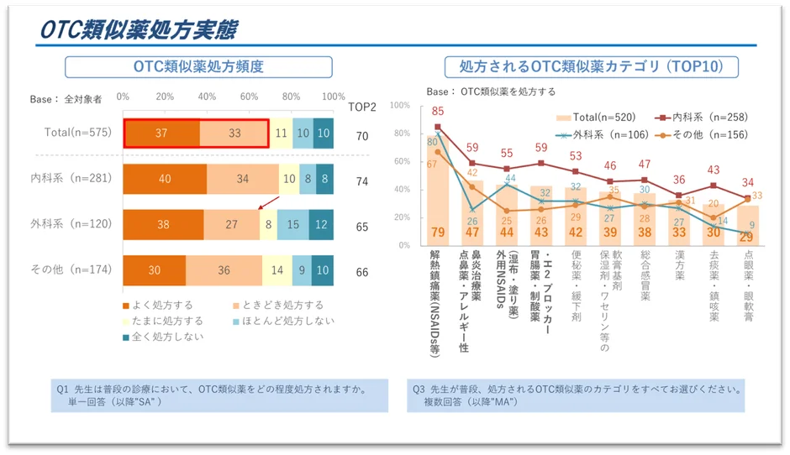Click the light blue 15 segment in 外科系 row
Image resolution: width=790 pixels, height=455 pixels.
point(292,225)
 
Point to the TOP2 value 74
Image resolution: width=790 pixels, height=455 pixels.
point(362,180)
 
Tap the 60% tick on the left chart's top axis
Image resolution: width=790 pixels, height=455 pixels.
point(249,97)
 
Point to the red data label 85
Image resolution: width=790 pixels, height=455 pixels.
point(437,112)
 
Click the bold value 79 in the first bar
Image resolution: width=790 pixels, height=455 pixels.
point(437,233)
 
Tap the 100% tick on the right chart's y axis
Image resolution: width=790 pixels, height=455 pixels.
point(399,106)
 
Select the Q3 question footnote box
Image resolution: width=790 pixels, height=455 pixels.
point(577,395)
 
